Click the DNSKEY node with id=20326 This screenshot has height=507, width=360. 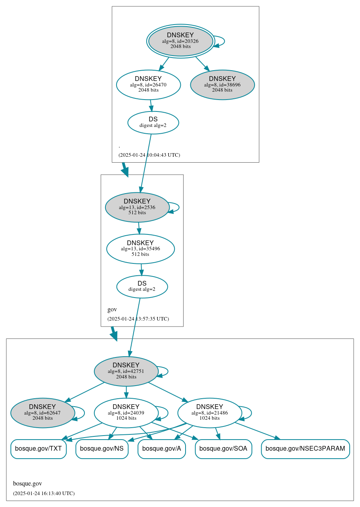pyautogui.click(x=180, y=41)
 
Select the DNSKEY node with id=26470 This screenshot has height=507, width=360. pyautogui.click(x=148, y=84)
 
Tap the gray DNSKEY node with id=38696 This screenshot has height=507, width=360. pyautogui.click(x=222, y=84)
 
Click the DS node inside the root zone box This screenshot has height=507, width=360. pyautogui.click(x=153, y=122)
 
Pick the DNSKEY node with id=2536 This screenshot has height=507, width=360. pyautogui.click(x=137, y=207)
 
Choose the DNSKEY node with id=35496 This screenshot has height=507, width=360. pyautogui.click(x=140, y=249)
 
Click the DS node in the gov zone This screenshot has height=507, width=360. pyautogui.click(x=142, y=286)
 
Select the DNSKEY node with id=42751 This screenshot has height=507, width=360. pyautogui.click(x=126, y=371)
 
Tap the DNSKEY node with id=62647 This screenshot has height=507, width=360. pyautogui.click(x=42, y=413)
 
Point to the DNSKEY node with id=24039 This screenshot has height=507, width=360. pyautogui.click(x=126, y=413)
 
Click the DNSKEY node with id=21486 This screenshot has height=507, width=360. pyautogui.click(x=210, y=413)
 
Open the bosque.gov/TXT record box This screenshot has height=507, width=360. pyautogui.click(x=38, y=449)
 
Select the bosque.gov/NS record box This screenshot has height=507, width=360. pyautogui.click(x=102, y=449)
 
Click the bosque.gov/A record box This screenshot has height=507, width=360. pyautogui.click(x=161, y=449)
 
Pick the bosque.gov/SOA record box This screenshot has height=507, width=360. pyautogui.click(x=223, y=449)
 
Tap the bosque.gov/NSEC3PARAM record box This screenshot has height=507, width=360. pyautogui.click(x=305, y=449)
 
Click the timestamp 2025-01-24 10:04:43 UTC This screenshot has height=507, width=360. pyautogui.click(x=149, y=155)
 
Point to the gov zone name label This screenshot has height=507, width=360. pyautogui.click(x=112, y=309)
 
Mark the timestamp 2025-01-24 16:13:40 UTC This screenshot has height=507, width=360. pyautogui.click(x=44, y=494)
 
